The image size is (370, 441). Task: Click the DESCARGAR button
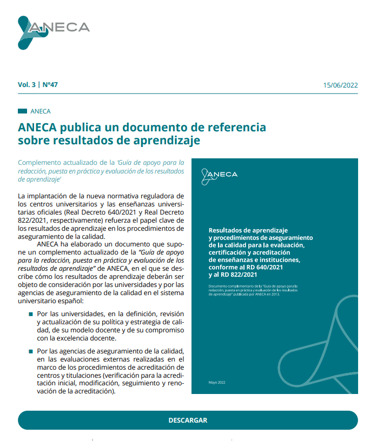click(x=188, y=420)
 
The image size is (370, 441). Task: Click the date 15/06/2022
click(x=340, y=85)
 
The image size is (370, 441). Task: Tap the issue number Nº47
click(x=50, y=85)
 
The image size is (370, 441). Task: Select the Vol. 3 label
click(x=27, y=85)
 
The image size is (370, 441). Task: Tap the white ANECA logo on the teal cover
click(x=219, y=175)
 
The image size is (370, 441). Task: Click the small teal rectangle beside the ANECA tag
click(x=22, y=111)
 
